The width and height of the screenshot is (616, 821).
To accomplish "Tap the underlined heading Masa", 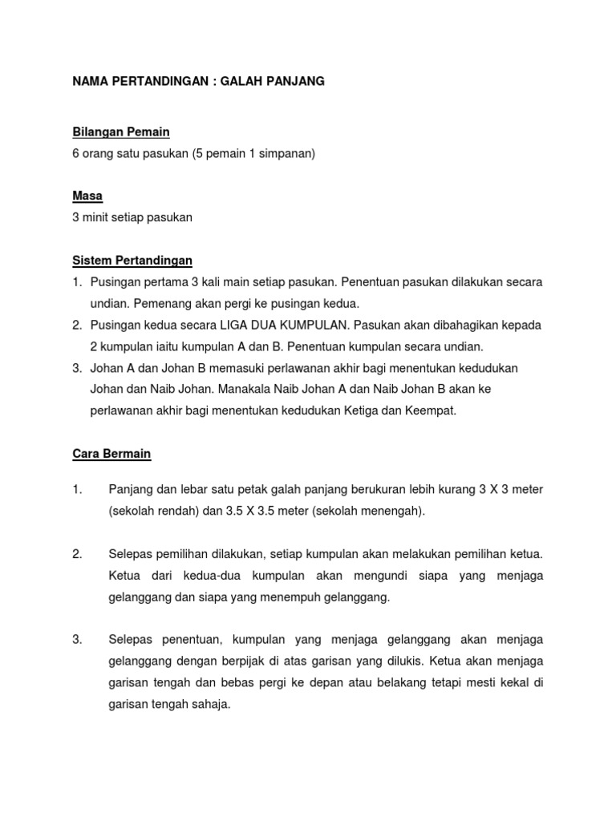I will [87, 196].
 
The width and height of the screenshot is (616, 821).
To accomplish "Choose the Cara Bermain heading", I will [111, 454].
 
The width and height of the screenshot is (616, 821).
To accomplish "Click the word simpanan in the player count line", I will [286, 153].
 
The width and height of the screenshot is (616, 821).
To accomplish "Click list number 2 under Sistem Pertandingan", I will [77, 326].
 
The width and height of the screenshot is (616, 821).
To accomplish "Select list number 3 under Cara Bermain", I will [77, 640].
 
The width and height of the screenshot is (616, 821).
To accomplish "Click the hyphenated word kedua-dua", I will [188, 576].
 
